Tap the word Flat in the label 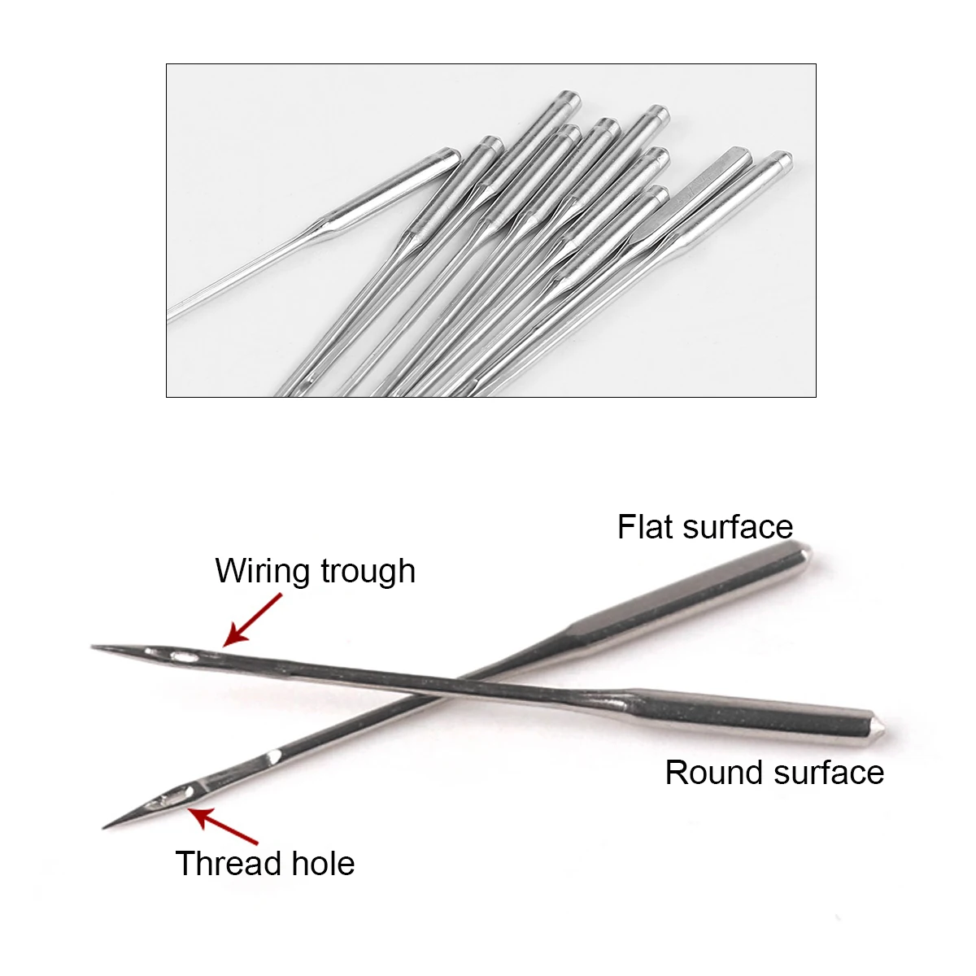(x=646, y=527)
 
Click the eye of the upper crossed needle (x=183, y=654)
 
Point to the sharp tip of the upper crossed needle (x=94, y=647)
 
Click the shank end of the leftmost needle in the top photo (x=450, y=155)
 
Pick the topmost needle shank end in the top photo (x=567, y=102)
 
